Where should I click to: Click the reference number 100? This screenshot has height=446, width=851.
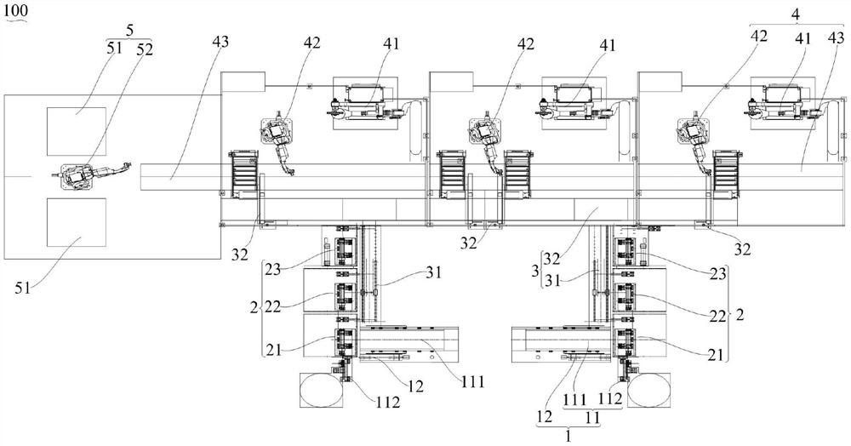tap(15, 10)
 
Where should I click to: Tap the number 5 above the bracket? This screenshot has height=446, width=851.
tap(129, 31)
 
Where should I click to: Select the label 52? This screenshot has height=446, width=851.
tap(145, 49)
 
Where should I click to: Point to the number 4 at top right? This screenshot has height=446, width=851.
tap(796, 15)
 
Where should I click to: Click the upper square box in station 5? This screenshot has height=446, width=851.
tap(77, 131)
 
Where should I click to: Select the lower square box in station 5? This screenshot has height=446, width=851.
tap(77, 222)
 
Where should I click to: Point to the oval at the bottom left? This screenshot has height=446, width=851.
tap(322, 390)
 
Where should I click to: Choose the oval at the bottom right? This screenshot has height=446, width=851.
tap(648, 390)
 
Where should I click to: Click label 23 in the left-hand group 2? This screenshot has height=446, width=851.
tap(275, 270)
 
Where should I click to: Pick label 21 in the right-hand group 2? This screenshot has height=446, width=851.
tap(716, 356)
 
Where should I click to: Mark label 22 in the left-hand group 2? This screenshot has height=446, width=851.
tap(273, 308)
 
